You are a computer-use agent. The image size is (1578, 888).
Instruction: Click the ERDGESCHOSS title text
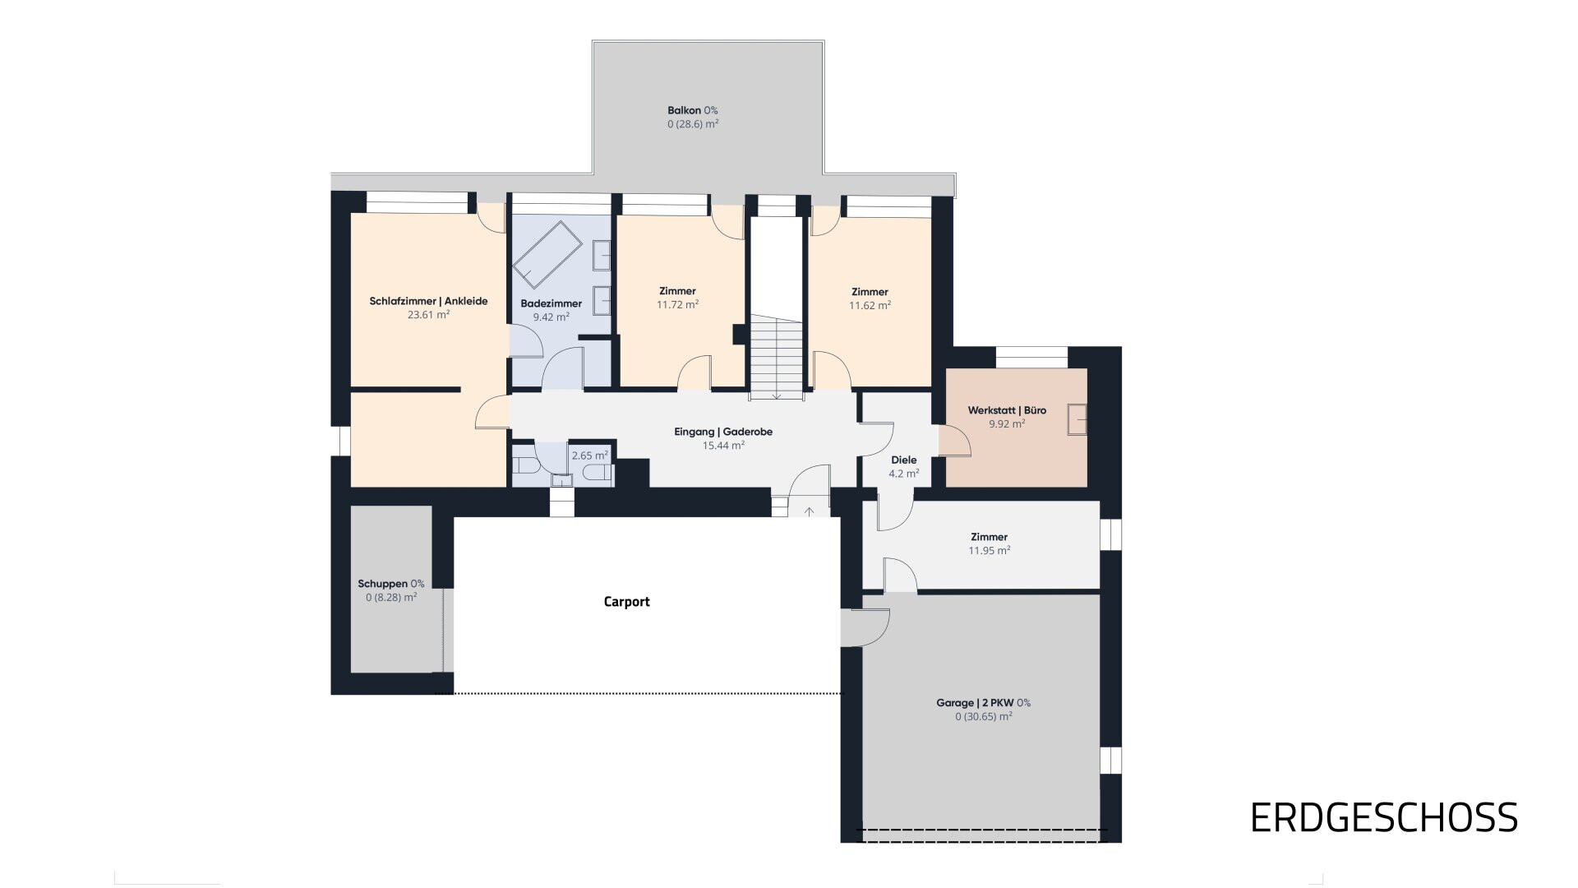(1384, 818)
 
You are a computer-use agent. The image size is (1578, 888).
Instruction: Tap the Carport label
(627, 602)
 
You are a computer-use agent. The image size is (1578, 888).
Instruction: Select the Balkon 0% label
(693, 110)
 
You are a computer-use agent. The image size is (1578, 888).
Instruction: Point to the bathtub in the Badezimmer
(547, 253)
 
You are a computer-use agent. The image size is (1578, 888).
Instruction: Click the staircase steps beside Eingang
(776, 358)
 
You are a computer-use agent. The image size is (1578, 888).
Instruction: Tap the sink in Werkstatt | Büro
(1077, 419)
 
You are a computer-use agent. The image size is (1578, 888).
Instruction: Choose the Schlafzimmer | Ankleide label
(428, 301)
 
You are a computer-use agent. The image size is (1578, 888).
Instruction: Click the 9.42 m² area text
(551, 317)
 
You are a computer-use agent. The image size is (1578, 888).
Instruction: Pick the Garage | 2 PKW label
(983, 703)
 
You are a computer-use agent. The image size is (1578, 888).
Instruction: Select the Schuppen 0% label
(391, 584)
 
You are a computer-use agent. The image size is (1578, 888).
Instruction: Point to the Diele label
(904, 460)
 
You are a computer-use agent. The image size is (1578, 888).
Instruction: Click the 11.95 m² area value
(990, 551)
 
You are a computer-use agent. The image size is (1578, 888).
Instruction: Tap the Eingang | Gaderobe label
(723, 432)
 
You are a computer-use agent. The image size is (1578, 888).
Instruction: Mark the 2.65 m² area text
(590, 456)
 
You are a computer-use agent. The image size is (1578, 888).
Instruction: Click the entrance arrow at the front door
(809, 511)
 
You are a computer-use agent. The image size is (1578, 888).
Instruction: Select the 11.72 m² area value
(678, 304)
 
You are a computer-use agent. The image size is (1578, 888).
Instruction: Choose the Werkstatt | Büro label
(1008, 410)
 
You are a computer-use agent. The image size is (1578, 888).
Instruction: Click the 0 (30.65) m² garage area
(984, 717)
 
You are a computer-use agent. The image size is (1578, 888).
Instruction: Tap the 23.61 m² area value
(429, 315)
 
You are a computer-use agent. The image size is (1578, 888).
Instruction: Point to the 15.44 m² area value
(724, 446)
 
